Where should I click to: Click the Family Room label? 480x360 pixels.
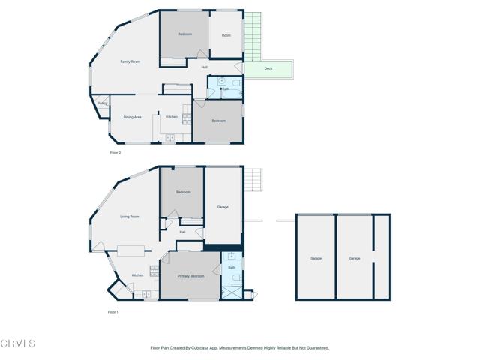click(x=130, y=61)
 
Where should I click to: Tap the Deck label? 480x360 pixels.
click(x=268, y=69)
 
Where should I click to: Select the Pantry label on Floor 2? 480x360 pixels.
click(x=102, y=103)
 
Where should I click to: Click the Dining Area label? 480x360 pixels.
click(x=133, y=117)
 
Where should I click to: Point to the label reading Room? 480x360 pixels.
click(x=226, y=34)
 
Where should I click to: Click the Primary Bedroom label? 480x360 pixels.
click(x=190, y=276)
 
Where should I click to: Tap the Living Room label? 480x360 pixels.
click(x=130, y=217)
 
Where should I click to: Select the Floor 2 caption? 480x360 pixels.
click(x=115, y=152)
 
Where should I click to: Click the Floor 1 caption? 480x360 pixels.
click(x=112, y=311)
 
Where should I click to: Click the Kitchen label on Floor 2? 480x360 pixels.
click(x=172, y=117)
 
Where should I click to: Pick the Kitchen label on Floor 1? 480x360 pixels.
click(x=137, y=275)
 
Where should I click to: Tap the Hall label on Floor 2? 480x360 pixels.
click(x=204, y=67)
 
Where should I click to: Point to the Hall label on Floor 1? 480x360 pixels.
click(x=182, y=232)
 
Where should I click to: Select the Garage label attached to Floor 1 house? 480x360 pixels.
click(x=223, y=207)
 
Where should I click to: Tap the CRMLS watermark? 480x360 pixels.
click(x=18, y=343)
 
